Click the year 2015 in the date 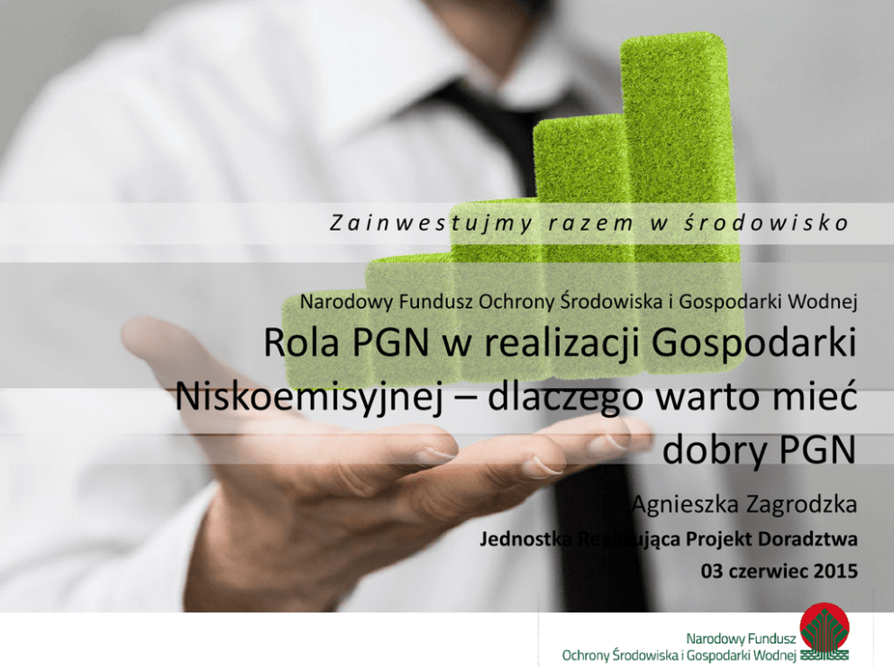[x=836, y=571]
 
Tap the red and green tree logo [x=824, y=631]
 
